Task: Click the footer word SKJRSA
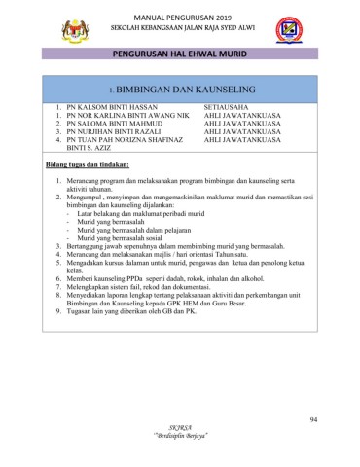(180, 428)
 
